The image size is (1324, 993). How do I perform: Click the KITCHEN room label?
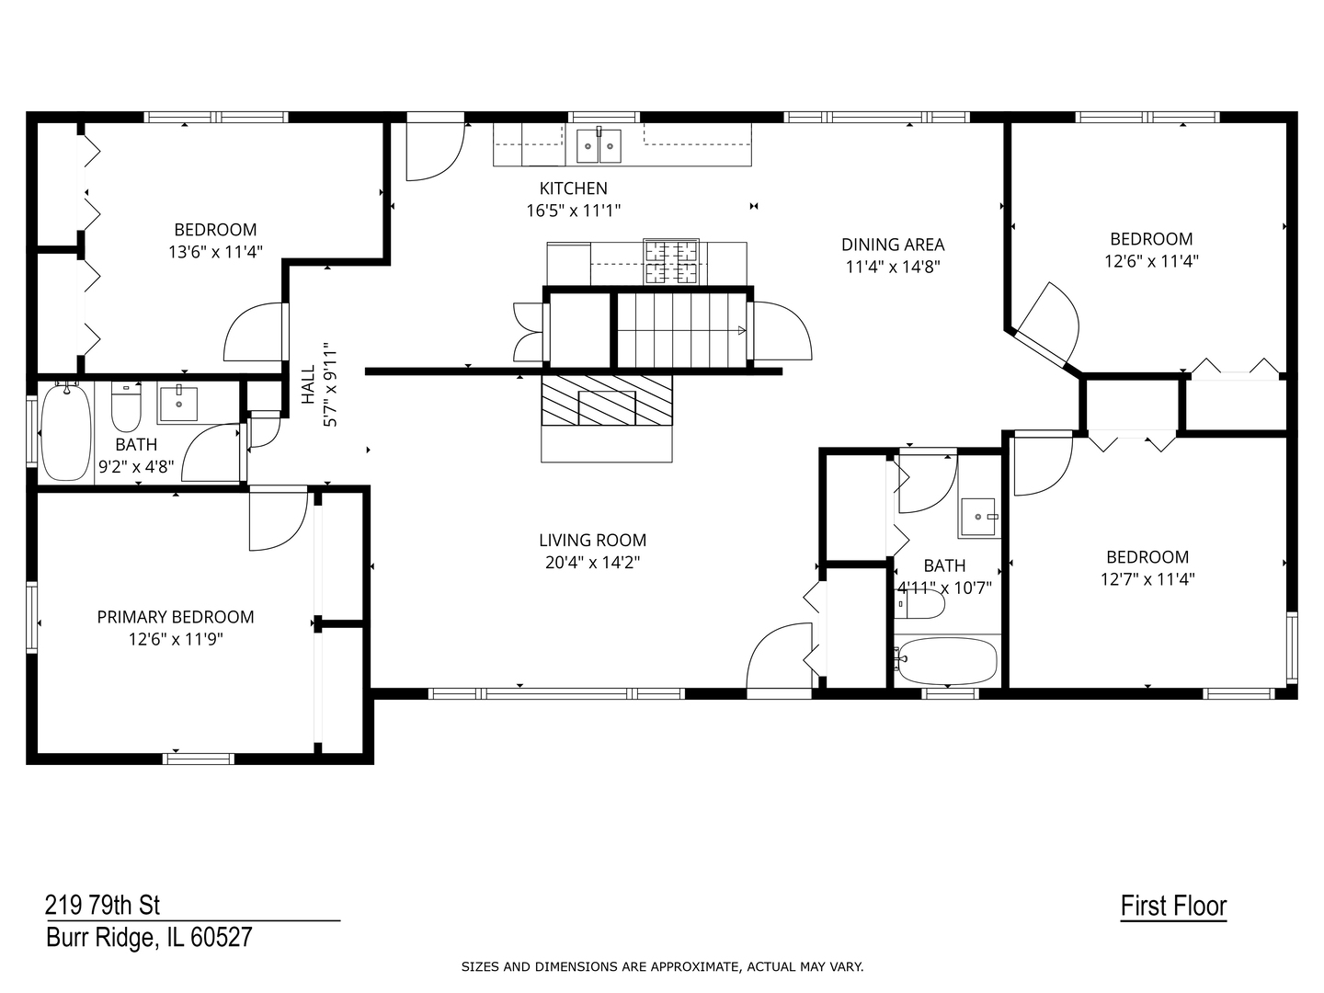573,188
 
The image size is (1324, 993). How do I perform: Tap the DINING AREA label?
892,245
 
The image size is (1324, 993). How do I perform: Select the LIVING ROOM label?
592,541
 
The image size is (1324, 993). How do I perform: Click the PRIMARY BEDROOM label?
176,617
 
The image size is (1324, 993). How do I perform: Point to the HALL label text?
308,384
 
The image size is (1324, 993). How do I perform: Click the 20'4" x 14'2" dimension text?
592,563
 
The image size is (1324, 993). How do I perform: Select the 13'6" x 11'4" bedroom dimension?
215,252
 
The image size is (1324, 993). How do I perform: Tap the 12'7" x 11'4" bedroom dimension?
1147,579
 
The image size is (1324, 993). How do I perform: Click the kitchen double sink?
599,144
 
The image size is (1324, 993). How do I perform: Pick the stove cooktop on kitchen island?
670,260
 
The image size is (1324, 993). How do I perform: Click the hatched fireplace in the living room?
606,400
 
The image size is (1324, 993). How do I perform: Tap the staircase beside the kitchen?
680,330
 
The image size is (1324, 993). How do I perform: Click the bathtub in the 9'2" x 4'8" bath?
65,432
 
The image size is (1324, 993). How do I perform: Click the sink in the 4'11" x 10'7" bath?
978,518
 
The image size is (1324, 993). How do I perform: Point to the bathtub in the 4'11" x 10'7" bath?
947,661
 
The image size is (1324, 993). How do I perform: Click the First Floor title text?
1173,907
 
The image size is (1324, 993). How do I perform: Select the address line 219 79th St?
103,906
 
